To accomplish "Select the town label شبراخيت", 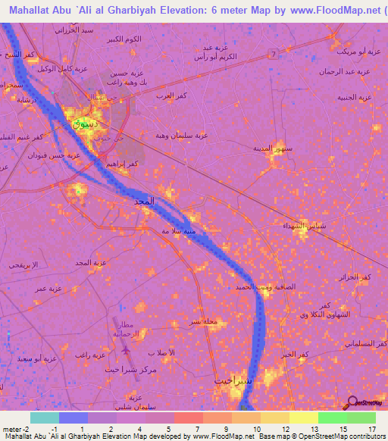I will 232,380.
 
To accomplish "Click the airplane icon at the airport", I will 124,351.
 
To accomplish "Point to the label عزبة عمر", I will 47,289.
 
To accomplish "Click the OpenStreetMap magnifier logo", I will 352,402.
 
